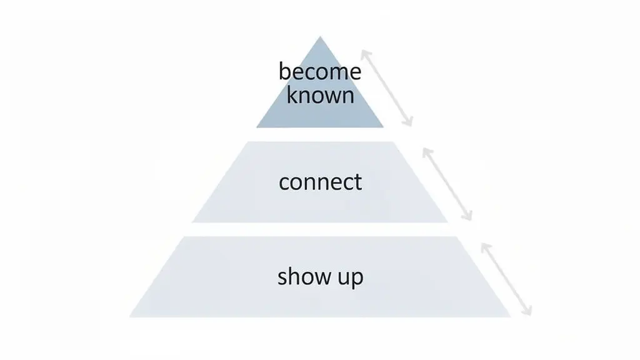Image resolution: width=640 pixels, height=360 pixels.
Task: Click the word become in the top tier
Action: click(320, 72)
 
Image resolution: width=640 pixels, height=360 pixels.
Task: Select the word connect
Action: click(320, 182)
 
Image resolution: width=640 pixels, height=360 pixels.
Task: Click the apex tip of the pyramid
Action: click(320, 37)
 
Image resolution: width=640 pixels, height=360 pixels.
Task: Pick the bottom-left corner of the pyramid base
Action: click(130, 316)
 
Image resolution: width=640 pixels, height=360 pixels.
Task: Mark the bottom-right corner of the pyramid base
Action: click(510, 316)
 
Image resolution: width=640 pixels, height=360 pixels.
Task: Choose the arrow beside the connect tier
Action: click(447, 184)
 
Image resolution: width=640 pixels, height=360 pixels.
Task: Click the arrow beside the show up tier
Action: click(506, 279)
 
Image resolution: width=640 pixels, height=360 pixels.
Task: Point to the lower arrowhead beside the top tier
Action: click(411, 125)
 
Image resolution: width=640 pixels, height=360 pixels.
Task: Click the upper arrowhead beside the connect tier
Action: click(424, 149)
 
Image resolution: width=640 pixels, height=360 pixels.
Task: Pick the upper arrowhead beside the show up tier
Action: click(482, 244)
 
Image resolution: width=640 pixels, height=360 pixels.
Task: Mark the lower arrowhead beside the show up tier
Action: click(529, 314)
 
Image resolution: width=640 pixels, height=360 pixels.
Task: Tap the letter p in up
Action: click(356, 279)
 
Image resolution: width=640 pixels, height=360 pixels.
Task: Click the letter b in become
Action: click(284, 71)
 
